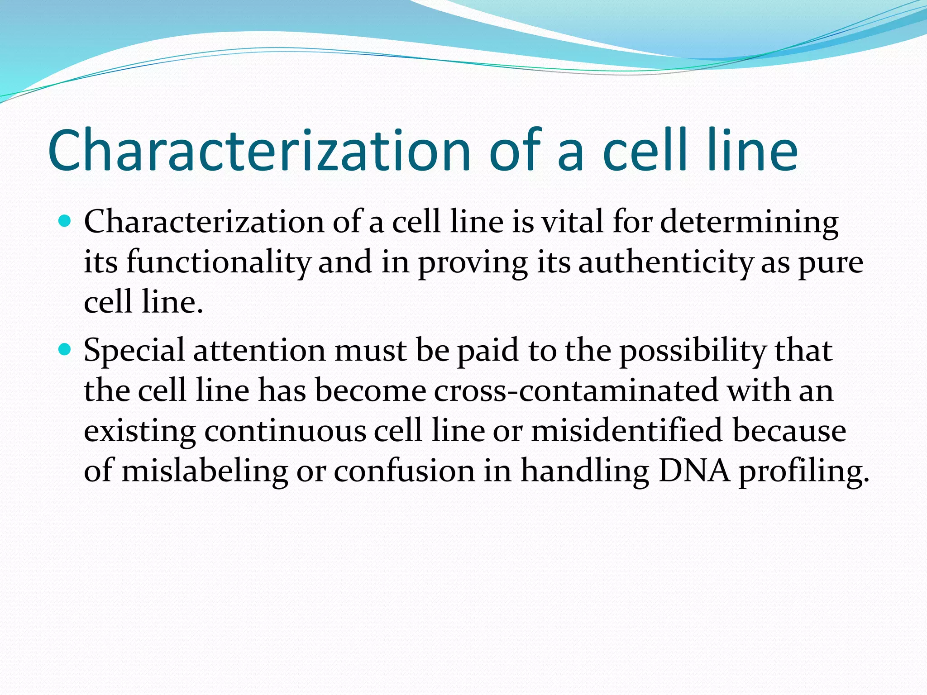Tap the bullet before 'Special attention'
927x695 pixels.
coord(66,350)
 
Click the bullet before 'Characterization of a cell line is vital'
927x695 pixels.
coord(66,221)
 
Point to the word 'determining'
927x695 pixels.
coord(749,223)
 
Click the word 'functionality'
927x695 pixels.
coord(218,262)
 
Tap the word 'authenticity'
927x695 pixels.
coord(665,262)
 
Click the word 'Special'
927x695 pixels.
coord(134,351)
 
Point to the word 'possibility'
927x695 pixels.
coord(693,351)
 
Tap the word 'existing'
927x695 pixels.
coord(140,431)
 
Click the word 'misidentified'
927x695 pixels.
coord(627,430)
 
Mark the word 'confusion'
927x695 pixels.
coord(404,471)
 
